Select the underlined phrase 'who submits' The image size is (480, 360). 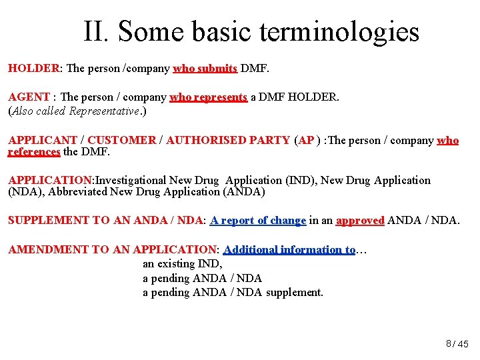pyautogui.click(x=205, y=68)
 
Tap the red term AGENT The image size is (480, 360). pyautogui.click(x=29, y=97)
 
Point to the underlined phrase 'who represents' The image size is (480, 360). pyautogui.click(x=209, y=97)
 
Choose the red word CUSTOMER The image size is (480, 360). pyautogui.click(x=121, y=141)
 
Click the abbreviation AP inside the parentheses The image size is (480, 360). pyautogui.click(x=307, y=141)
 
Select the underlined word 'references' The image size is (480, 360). pyautogui.click(x=34, y=152)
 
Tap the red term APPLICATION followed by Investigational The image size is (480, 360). pyautogui.click(x=50, y=181)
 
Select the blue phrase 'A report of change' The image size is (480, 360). pyautogui.click(x=258, y=221)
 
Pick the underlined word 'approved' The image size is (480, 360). pyautogui.click(x=360, y=221)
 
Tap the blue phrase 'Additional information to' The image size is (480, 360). pyautogui.click(x=289, y=250)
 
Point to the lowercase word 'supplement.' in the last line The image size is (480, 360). pyautogui.click(x=295, y=292)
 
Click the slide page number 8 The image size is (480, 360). pyautogui.click(x=449, y=343)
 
